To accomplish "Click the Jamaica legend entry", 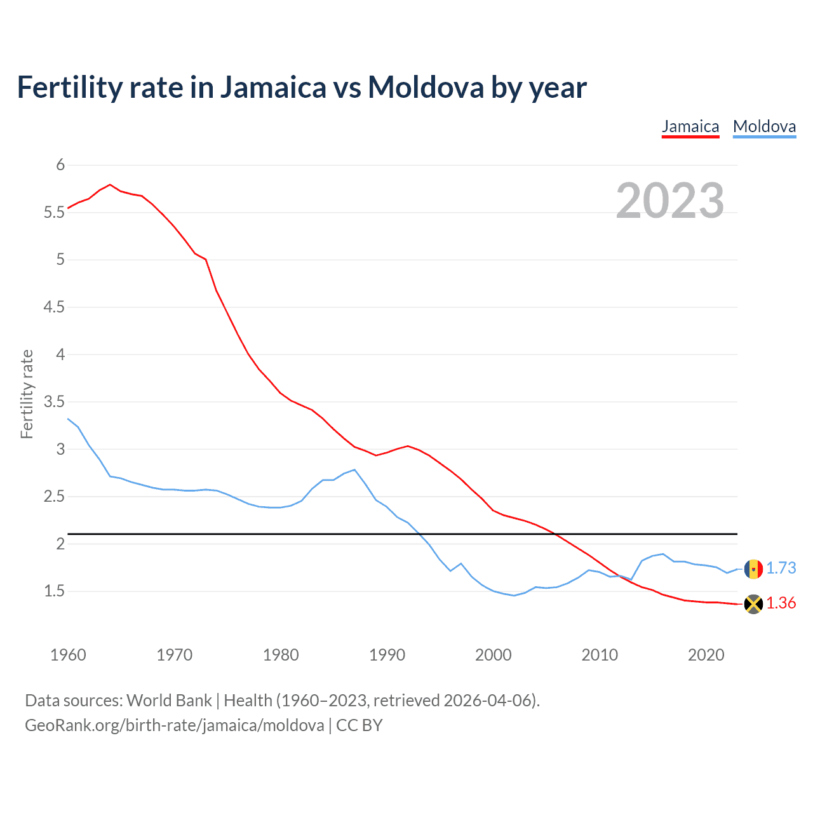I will tap(690, 126).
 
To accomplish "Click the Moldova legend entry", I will tap(764, 126).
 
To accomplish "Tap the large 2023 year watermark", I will tap(670, 201).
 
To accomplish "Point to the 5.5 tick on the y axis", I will tap(55, 212).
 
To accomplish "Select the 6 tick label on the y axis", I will tap(60, 165).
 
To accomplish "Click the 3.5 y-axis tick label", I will tap(55, 401).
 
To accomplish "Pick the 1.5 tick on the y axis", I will tap(55, 591).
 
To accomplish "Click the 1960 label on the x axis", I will tap(68, 655).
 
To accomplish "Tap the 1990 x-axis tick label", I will tap(387, 655).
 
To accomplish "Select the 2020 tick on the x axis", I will tap(706, 655).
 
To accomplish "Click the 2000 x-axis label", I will tap(493, 655).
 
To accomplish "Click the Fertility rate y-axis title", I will tap(27, 394).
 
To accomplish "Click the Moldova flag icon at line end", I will tap(753, 568).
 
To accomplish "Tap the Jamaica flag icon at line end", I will tap(753, 604).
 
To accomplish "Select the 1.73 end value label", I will tap(781, 568).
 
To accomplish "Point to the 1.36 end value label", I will tap(781, 603).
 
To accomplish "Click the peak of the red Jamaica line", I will tap(111, 184).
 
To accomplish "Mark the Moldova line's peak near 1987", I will tap(354, 470).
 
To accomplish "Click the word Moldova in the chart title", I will tap(426, 87).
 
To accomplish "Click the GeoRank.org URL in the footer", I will tap(175, 725).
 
